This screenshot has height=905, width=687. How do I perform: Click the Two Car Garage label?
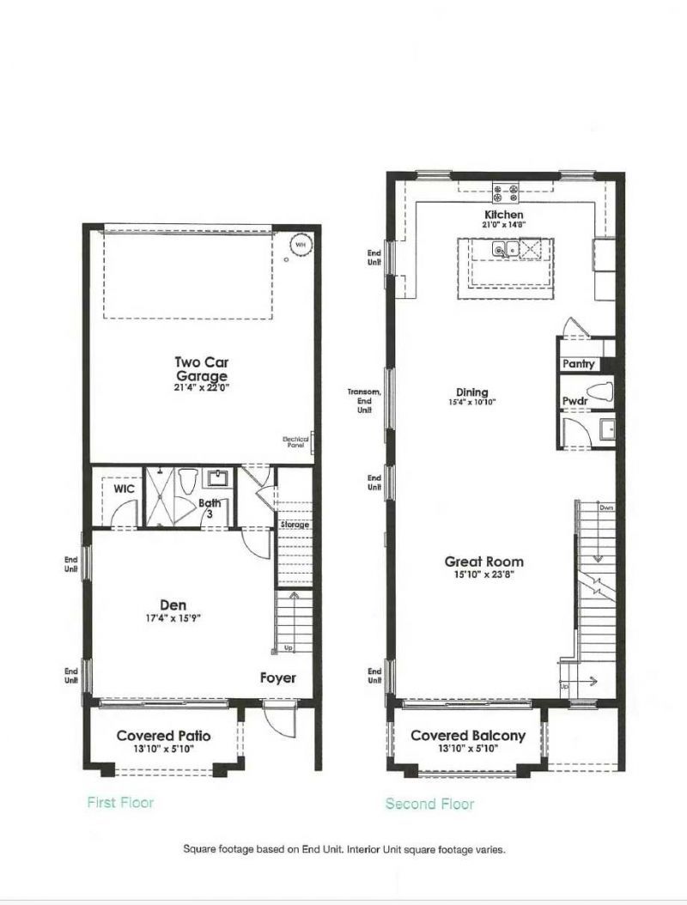[201, 368]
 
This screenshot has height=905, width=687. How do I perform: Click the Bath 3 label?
[210, 508]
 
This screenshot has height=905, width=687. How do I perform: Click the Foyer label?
[278, 678]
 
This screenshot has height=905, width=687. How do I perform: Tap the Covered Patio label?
[163, 736]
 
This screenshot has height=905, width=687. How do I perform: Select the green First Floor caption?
[120, 802]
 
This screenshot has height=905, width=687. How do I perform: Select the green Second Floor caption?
[429, 804]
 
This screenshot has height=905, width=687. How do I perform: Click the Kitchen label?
[504, 215]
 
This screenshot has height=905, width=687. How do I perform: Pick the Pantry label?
[578, 364]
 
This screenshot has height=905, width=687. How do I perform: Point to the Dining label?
[471, 390]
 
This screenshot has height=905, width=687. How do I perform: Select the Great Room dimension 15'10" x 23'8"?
[484, 575]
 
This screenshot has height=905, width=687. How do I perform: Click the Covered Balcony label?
[468, 736]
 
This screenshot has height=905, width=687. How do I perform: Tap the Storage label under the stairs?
[295, 525]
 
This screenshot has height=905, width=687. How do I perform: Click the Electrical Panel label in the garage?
[295, 442]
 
